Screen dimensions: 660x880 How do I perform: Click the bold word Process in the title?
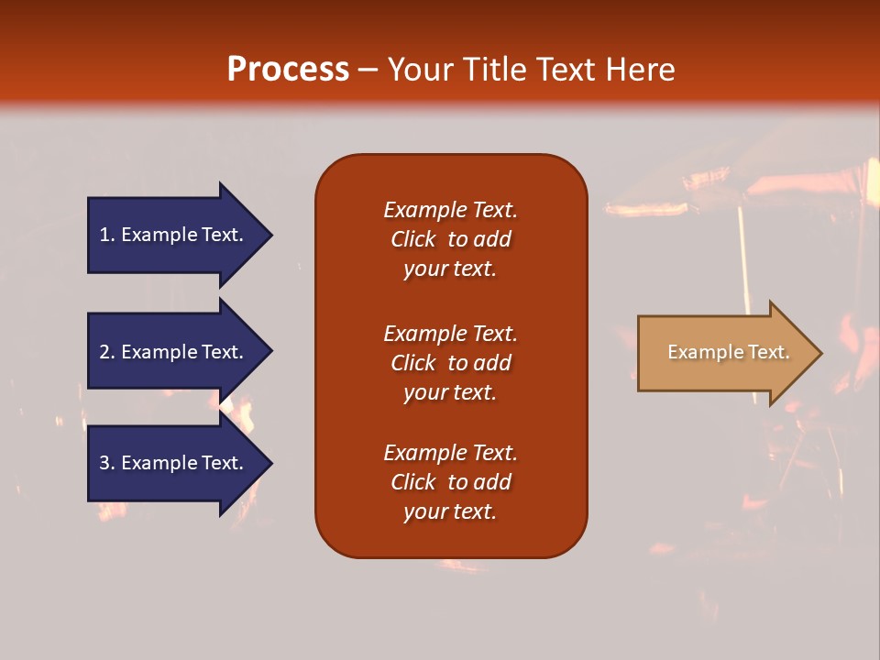pos(288,70)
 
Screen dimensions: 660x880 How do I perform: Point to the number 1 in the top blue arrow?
pos(104,235)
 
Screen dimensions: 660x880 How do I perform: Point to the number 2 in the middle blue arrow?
pos(104,352)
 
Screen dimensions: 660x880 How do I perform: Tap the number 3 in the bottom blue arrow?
pos(104,463)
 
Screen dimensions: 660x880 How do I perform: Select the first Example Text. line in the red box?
pos(450,210)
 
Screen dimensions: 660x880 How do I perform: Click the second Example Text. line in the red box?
pos(450,334)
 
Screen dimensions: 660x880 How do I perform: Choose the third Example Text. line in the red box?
pos(450,453)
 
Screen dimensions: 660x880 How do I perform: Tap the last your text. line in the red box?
pos(450,511)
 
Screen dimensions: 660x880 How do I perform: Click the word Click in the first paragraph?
pos(413,239)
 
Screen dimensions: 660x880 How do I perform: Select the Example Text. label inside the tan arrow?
pos(728,352)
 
